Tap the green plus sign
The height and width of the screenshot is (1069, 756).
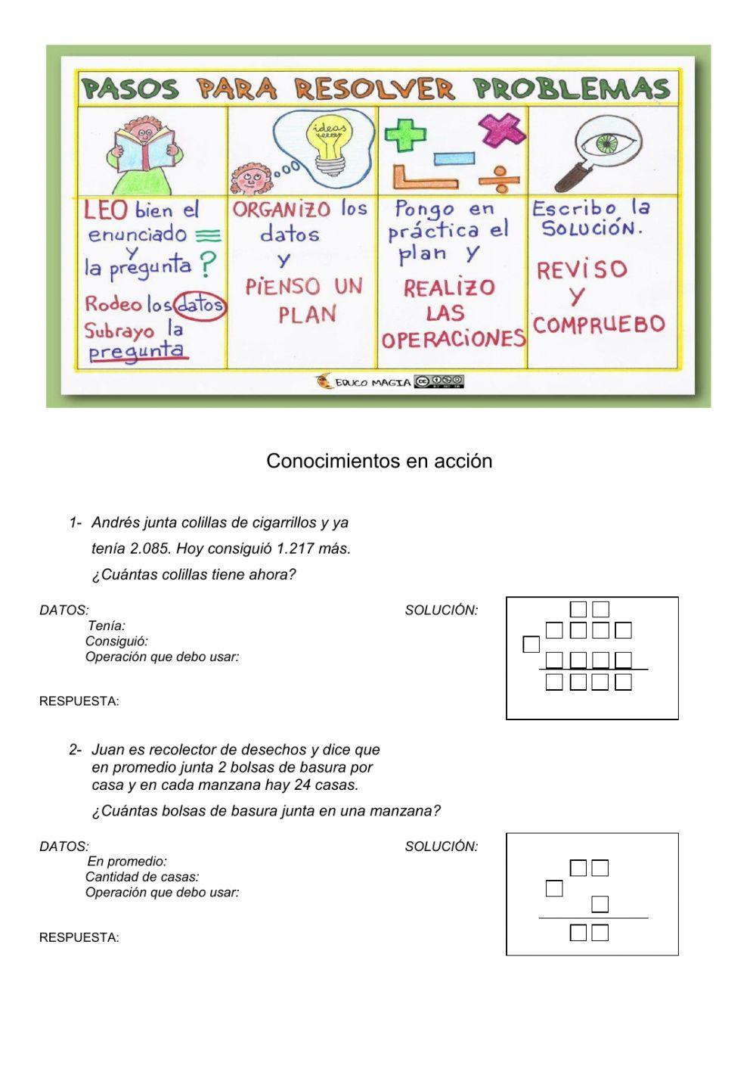pos(407,135)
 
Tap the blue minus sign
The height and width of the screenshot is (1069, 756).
pos(453,159)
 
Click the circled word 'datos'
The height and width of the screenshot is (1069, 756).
pos(200,305)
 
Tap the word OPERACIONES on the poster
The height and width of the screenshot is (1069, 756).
pos(453,339)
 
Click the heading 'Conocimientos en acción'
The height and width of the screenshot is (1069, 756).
pos(379,461)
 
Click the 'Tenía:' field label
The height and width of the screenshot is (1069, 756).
pos(107,626)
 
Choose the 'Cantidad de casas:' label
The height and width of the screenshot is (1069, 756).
pos(142,877)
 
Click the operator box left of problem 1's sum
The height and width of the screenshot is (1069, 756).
pos(531,645)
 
